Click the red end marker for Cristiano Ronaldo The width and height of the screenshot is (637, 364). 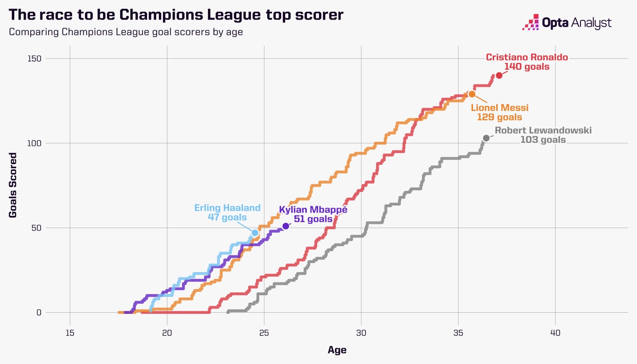click(x=499, y=75)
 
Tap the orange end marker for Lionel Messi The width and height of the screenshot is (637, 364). click(x=472, y=94)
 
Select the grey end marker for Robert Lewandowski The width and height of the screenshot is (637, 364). click(x=486, y=138)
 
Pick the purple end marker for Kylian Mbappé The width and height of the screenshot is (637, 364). click(x=286, y=226)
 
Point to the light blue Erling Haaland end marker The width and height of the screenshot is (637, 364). click(x=255, y=233)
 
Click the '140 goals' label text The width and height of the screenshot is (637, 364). click(x=527, y=67)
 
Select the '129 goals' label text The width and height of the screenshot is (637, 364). click(x=500, y=117)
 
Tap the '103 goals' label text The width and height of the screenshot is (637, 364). click(x=543, y=139)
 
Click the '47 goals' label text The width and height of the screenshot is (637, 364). click(x=227, y=217)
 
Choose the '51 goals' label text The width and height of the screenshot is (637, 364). click(x=313, y=219)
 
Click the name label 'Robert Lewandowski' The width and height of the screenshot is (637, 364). click(x=543, y=130)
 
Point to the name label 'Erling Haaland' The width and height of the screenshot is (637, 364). click(x=227, y=208)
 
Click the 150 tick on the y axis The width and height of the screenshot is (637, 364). click(x=34, y=58)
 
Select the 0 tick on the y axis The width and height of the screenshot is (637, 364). click(x=39, y=312)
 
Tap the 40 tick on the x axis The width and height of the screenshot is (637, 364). click(x=555, y=333)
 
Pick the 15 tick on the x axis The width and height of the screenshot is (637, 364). click(x=70, y=333)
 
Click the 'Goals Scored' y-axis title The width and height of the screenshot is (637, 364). click(x=13, y=185)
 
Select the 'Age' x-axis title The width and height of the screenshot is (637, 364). click(x=337, y=350)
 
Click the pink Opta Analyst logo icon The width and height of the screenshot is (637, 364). click(x=531, y=22)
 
